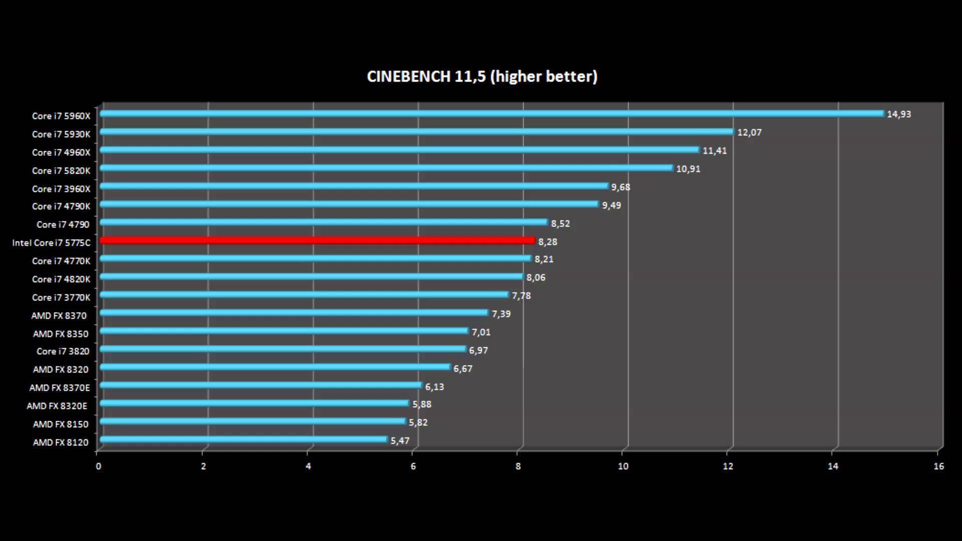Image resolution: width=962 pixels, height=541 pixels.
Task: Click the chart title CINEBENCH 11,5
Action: (x=482, y=76)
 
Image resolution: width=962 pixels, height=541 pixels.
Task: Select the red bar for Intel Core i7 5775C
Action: (x=318, y=241)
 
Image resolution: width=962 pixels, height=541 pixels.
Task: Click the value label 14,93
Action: (x=899, y=114)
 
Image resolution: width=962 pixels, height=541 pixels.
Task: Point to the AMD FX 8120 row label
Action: (x=61, y=442)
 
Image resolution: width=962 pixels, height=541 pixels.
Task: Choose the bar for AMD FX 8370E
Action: (x=261, y=385)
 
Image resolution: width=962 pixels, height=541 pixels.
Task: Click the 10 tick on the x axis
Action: (x=623, y=466)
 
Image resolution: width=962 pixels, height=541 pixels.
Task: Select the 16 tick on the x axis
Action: (x=938, y=466)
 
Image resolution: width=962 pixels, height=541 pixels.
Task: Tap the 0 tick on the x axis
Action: (x=99, y=466)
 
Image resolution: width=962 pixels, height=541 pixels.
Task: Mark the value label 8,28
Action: (x=548, y=242)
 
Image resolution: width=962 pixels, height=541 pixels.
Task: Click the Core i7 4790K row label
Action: (x=61, y=206)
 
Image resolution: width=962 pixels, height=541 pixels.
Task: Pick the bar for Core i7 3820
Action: (x=283, y=349)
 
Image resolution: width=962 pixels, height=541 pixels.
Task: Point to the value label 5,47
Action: (x=400, y=441)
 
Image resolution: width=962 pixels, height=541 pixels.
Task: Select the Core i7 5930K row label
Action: (x=61, y=134)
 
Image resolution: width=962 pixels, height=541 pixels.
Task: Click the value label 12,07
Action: (x=749, y=133)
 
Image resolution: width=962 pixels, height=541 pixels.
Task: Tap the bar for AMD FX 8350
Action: (x=284, y=331)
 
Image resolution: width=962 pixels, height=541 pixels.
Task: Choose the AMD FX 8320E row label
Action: (x=57, y=406)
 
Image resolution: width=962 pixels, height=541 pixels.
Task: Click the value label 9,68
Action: (x=620, y=187)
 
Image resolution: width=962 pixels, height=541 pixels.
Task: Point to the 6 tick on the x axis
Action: (x=413, y=466)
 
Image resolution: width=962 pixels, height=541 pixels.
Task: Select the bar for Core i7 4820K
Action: (x=312, y=277)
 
